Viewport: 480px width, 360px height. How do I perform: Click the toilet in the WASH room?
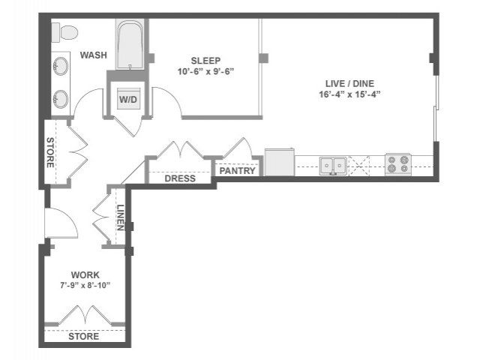click(x=64, y=32)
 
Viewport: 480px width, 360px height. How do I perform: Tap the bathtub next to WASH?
click(x=130, y=44)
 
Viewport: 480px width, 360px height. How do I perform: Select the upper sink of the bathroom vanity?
click(x=61, y=66)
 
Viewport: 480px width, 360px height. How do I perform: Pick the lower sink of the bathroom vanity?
click(x=61, y=99)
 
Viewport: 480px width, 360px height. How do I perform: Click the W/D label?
click(x=128, y=100)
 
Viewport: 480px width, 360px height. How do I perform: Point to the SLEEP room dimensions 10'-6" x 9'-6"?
click(x=205, y=72)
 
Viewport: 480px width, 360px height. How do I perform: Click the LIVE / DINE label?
click(x=349, y=83)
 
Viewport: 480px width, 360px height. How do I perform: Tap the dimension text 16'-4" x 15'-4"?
click(x=349, y=94)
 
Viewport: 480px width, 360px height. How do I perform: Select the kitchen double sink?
click(x=333, y=166)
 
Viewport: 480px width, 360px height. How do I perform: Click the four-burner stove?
click(x=398, y=164)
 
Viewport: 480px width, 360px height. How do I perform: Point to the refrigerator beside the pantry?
click(x=280, y=162)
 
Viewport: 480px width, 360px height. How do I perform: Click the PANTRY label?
click(x=237, y=171)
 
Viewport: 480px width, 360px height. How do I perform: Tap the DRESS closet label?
click(x=180, y=178)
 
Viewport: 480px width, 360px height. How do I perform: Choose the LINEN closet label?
click(x=120, y=217)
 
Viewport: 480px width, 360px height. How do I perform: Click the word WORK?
click(x=85, y=275)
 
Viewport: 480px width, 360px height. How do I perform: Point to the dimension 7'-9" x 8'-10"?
click(x=85, y=286)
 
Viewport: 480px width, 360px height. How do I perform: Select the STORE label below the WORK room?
click(x=83, y=337)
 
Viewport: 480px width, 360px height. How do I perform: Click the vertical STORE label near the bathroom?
click(x=50, y=152)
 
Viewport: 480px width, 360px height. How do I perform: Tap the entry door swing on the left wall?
click(x=61, y=223)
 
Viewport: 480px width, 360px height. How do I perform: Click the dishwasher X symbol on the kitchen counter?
click(x=359, y=166)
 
